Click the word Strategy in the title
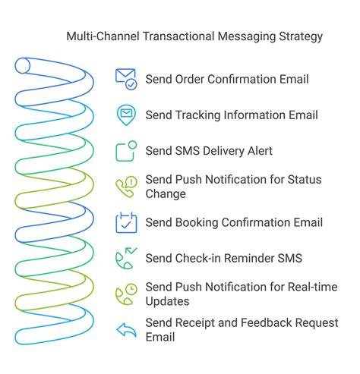(301, 36)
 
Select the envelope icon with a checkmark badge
(126, 79)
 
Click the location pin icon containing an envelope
(126, 115)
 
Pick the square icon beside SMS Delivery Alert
(126, 151)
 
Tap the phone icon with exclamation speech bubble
(126, 187)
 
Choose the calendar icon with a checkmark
(126, 222)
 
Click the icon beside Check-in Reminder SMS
(126, 258)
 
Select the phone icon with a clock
(126, 294)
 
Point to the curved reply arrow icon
(126, 330)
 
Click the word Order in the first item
(189, 79)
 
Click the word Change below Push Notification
(166, 194)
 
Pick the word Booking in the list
(197, 223)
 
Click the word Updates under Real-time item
(167, 302)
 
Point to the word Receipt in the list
(194, 323)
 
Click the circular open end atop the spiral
(23, 65)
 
